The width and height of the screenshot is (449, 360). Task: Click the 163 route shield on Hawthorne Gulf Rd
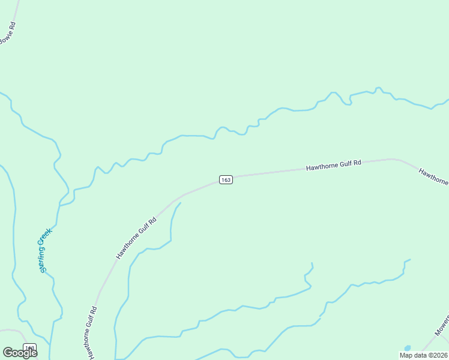(x=226, y=180)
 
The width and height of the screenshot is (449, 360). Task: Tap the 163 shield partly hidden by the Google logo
(x=30, y=347)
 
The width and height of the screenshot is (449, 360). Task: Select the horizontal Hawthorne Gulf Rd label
(x=334, y=165)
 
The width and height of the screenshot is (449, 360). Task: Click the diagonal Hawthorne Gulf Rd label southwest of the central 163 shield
(x=136, y=238)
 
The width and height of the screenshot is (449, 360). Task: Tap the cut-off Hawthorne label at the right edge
(x=433, y=177)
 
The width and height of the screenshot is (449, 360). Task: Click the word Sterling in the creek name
(x=43, y=258)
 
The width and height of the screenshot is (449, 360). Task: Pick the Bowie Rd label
(x=7, y=32)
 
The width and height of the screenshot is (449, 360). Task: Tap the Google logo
(x=20, y=353)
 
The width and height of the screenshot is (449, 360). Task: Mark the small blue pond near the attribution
(x=408, y=348)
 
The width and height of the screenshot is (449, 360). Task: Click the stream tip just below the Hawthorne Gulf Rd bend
(x=180, y=203)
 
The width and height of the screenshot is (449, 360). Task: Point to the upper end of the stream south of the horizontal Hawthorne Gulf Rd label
(x=312, y=263)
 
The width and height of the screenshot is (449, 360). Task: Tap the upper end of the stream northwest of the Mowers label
(x=409, y=260)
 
